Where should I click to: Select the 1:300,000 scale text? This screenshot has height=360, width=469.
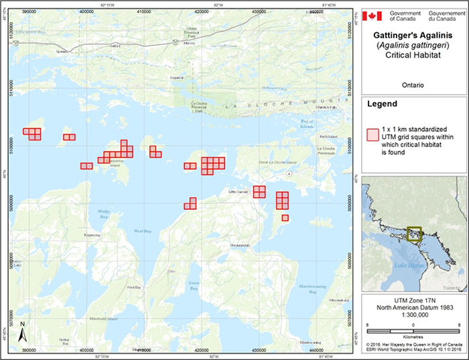point(413,315)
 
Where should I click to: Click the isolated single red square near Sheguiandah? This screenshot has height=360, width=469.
point(285,217)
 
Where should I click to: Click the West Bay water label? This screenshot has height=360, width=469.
point(143,231)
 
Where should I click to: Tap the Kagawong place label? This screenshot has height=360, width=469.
point(92,235)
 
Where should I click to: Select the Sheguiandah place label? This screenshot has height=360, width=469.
point(239,245)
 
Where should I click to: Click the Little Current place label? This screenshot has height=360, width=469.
point(238,191)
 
